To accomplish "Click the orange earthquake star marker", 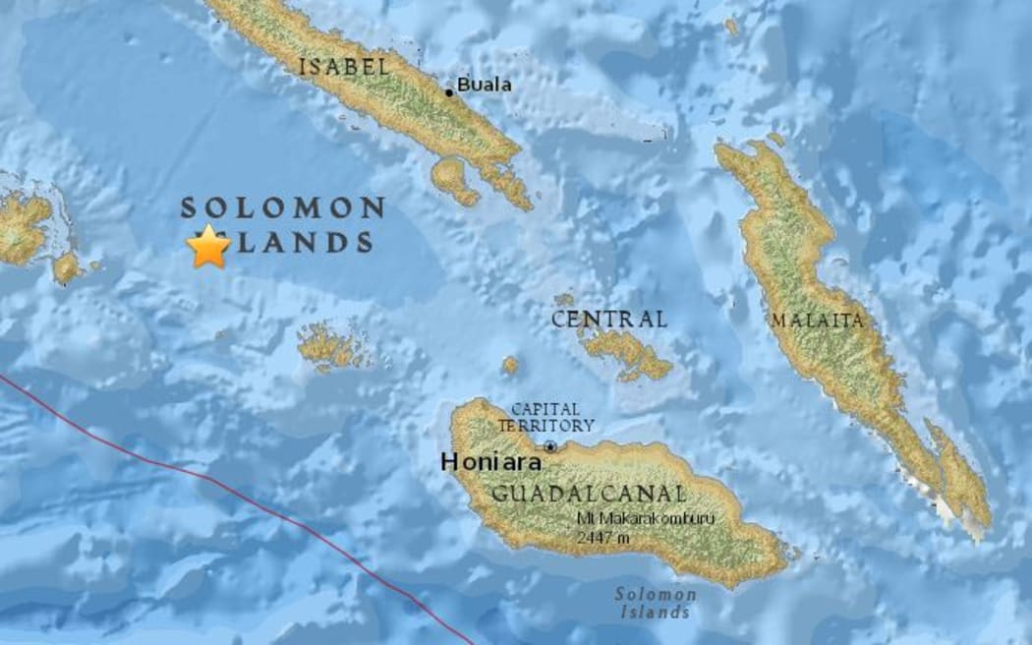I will click(208, 247).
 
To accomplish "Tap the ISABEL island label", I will click(343, 67).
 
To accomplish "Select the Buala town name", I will click(484, 85).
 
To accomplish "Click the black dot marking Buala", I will click(449, 92).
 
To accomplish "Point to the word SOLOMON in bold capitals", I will click(282, 208).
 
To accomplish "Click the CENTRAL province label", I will click(608, 320).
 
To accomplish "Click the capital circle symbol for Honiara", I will click(550, 446).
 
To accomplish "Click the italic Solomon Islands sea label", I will click(656, 603).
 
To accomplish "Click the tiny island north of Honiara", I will click(510, 365).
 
